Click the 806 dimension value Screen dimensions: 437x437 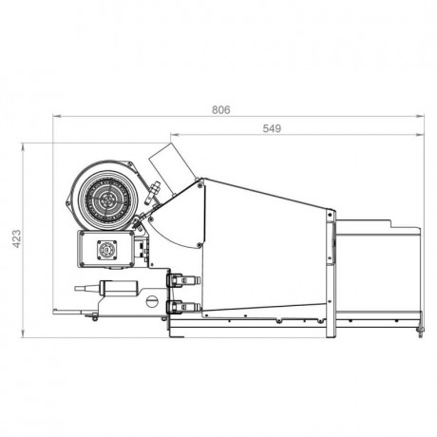point(219,109)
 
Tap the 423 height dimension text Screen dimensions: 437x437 point(14,238)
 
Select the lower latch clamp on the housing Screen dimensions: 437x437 point(180,307)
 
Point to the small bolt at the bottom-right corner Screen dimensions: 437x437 point(419,332)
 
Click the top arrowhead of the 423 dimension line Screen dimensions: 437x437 point(24,146)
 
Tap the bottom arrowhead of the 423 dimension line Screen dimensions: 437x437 point(24,333)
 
